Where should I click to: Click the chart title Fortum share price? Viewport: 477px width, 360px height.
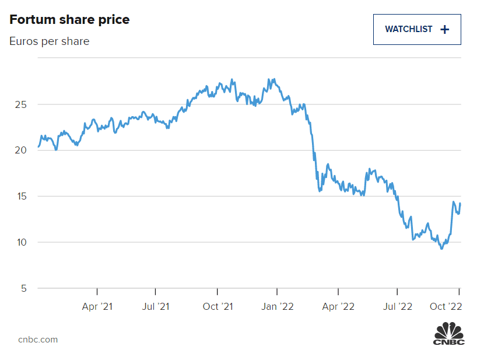click(69, 20)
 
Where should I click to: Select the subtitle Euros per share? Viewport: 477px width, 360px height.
click(50, 41)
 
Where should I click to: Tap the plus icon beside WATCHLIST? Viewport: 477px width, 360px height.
click(444, 29)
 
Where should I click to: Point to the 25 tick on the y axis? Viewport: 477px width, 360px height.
click(21, 104)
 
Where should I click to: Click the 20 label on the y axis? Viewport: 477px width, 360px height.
click(21, 150)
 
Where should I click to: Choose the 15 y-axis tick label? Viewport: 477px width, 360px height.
click(21, 196)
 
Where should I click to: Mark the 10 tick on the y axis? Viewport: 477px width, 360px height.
click(21, 242)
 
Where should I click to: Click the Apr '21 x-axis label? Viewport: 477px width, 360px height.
click(97, 306)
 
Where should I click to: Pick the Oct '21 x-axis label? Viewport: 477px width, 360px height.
click(218, 306)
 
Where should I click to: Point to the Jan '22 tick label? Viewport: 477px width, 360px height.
click(277, 306)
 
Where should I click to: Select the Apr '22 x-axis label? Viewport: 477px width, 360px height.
click(338, 306)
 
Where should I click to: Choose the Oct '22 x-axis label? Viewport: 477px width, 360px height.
click(447, 306)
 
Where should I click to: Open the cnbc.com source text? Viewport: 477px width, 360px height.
click(38, 340)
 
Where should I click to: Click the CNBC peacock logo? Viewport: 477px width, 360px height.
click(448, 334)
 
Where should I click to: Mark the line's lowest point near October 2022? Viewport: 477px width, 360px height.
click(441, 249)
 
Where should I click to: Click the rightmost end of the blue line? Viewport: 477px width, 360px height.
click(460, 204)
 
